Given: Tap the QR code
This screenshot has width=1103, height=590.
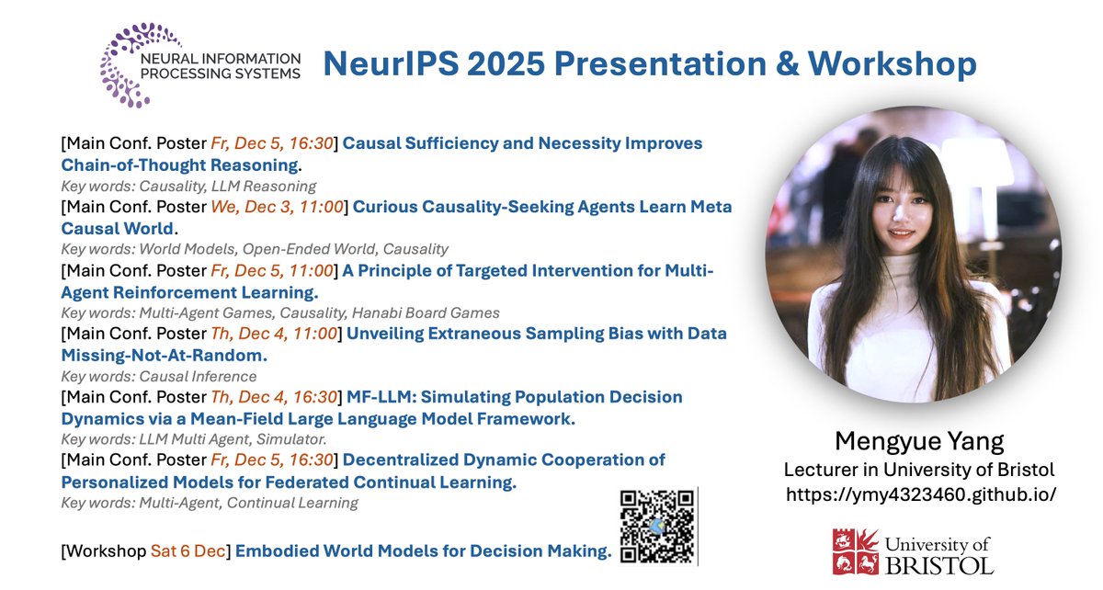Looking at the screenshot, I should [x=657, y=526].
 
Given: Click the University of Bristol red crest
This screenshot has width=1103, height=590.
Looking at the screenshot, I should [x=857, y=550].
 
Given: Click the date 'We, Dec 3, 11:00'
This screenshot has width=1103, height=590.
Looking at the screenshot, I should [x=277, y=207].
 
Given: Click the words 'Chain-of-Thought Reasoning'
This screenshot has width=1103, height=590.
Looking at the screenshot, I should [x=180, y=165].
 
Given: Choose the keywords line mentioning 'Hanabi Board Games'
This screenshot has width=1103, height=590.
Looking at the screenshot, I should [x=280, y=313].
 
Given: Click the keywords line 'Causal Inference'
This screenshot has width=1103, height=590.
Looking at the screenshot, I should [x=158, y=376].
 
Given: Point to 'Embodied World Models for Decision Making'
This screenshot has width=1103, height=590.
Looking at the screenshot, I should [x=423, y=551].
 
